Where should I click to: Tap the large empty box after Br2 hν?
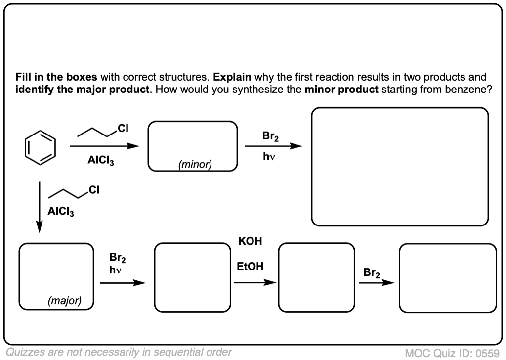pos(400,167)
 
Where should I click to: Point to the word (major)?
pos(65,300)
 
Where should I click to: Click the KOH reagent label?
pos(250,242)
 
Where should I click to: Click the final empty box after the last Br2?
pos(448,278)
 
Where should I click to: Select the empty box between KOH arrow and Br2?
pos(316,278)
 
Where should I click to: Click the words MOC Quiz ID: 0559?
pos(452,353)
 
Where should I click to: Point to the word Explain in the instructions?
pos(232,77)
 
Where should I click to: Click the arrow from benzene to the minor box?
pos(104,146)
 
